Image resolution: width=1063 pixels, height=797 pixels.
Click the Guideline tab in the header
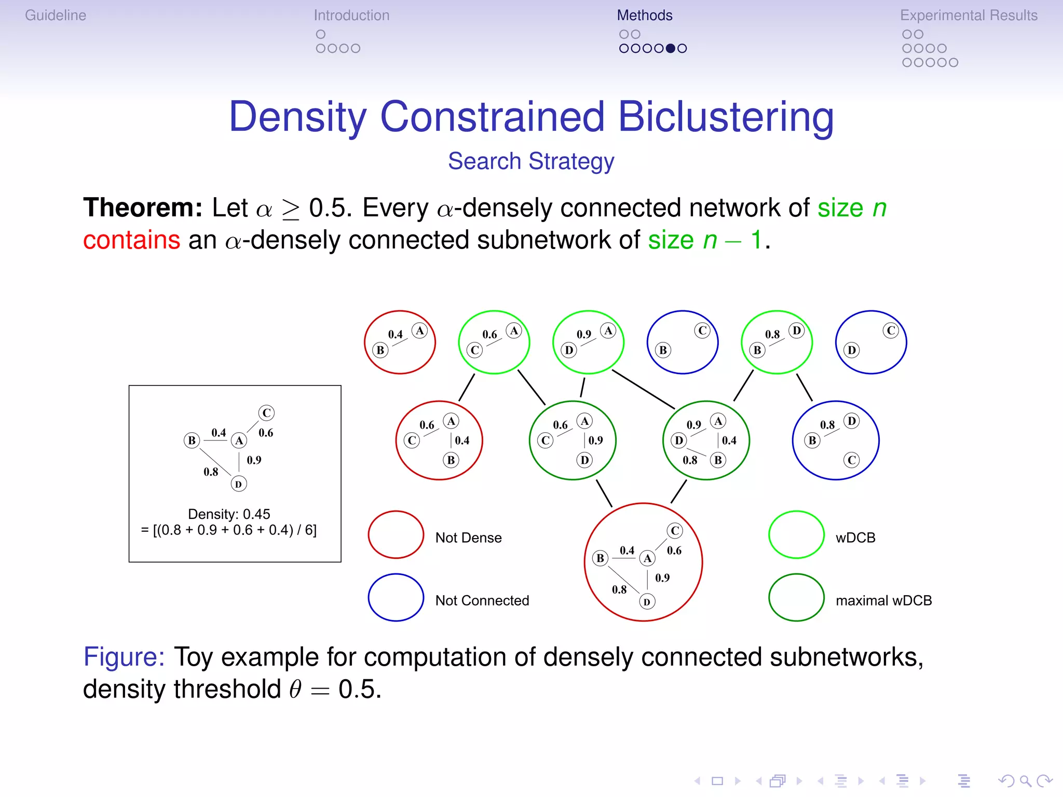click(x=56, y=16)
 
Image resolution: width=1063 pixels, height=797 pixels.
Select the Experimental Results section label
click(x=969, y=16)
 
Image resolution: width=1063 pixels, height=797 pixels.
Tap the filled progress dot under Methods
click(x=671, y=48)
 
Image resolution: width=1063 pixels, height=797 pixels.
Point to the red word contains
click(x=132, y=240)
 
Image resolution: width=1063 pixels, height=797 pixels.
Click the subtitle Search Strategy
click(x=531, y=161)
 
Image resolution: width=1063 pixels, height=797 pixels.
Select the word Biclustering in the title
click(x=726, y=117)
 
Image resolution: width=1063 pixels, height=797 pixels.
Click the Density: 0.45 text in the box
click(x=229, y=514)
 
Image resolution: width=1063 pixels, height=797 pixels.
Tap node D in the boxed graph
click(x=238, y=484)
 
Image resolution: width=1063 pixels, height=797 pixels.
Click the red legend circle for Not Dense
click(x=396, y=535)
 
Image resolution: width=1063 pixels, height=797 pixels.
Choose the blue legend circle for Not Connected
click(x=396, y=597)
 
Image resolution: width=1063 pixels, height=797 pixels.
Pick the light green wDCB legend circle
click(x=796, y=535)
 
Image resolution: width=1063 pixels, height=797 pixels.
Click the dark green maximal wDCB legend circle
click(x=796, y=597)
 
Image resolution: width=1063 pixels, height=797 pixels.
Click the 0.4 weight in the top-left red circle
click(x=396, y=334)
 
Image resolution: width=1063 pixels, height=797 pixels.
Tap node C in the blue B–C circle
click(x=702, y=331)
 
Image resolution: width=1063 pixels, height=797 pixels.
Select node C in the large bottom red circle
click(x=675, y=530)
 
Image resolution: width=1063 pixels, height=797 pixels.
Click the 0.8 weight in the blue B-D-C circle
click(x=827, y=425)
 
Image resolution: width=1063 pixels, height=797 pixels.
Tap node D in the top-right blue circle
click(x=851, y=350)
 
